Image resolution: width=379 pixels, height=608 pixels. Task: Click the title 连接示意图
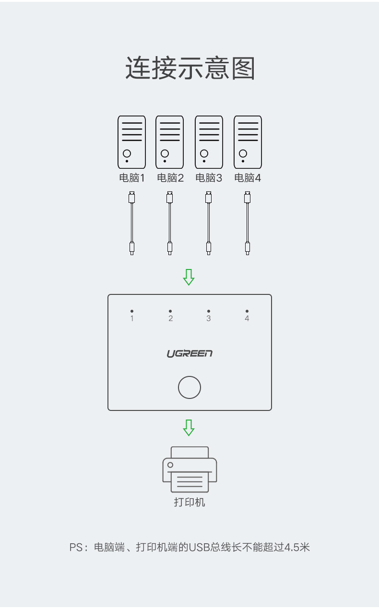click(x=189, y=69)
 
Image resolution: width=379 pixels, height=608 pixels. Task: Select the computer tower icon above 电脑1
click(x=131, y=142)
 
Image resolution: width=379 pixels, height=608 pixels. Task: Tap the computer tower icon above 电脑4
click(x=248, y=142)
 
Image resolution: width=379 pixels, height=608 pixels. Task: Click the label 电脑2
click(x=170, y=178)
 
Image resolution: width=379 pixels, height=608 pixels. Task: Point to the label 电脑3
click(x=209, y=178)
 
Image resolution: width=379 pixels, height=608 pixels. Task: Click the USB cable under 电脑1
click(x=131, y=223)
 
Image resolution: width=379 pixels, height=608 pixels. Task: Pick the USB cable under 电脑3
click(x=209, y=223)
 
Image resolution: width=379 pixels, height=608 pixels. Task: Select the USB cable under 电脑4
click(x=248, y=223)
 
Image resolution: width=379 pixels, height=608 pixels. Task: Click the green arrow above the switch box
click(x=189, y=277)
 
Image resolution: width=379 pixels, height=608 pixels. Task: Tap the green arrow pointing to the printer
click(x=189, y=427)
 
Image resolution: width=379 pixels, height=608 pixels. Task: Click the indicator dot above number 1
click(x=132, y=311)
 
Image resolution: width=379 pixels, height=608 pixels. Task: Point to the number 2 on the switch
click(x=170, y=318)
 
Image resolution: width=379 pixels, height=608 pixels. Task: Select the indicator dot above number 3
click(x=209, y=311)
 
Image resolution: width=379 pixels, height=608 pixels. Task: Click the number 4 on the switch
click(x=247, y=318)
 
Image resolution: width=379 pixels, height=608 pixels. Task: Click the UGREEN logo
click(x=189, y=354)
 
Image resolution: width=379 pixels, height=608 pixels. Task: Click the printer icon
click(x=189, y=469)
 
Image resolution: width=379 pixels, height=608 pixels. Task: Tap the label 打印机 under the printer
click(x=189, y=503)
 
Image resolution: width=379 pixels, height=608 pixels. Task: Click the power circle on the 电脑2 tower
click(x=165, y=153)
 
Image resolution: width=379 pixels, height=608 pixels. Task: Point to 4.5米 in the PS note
click(x=297, y=547)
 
